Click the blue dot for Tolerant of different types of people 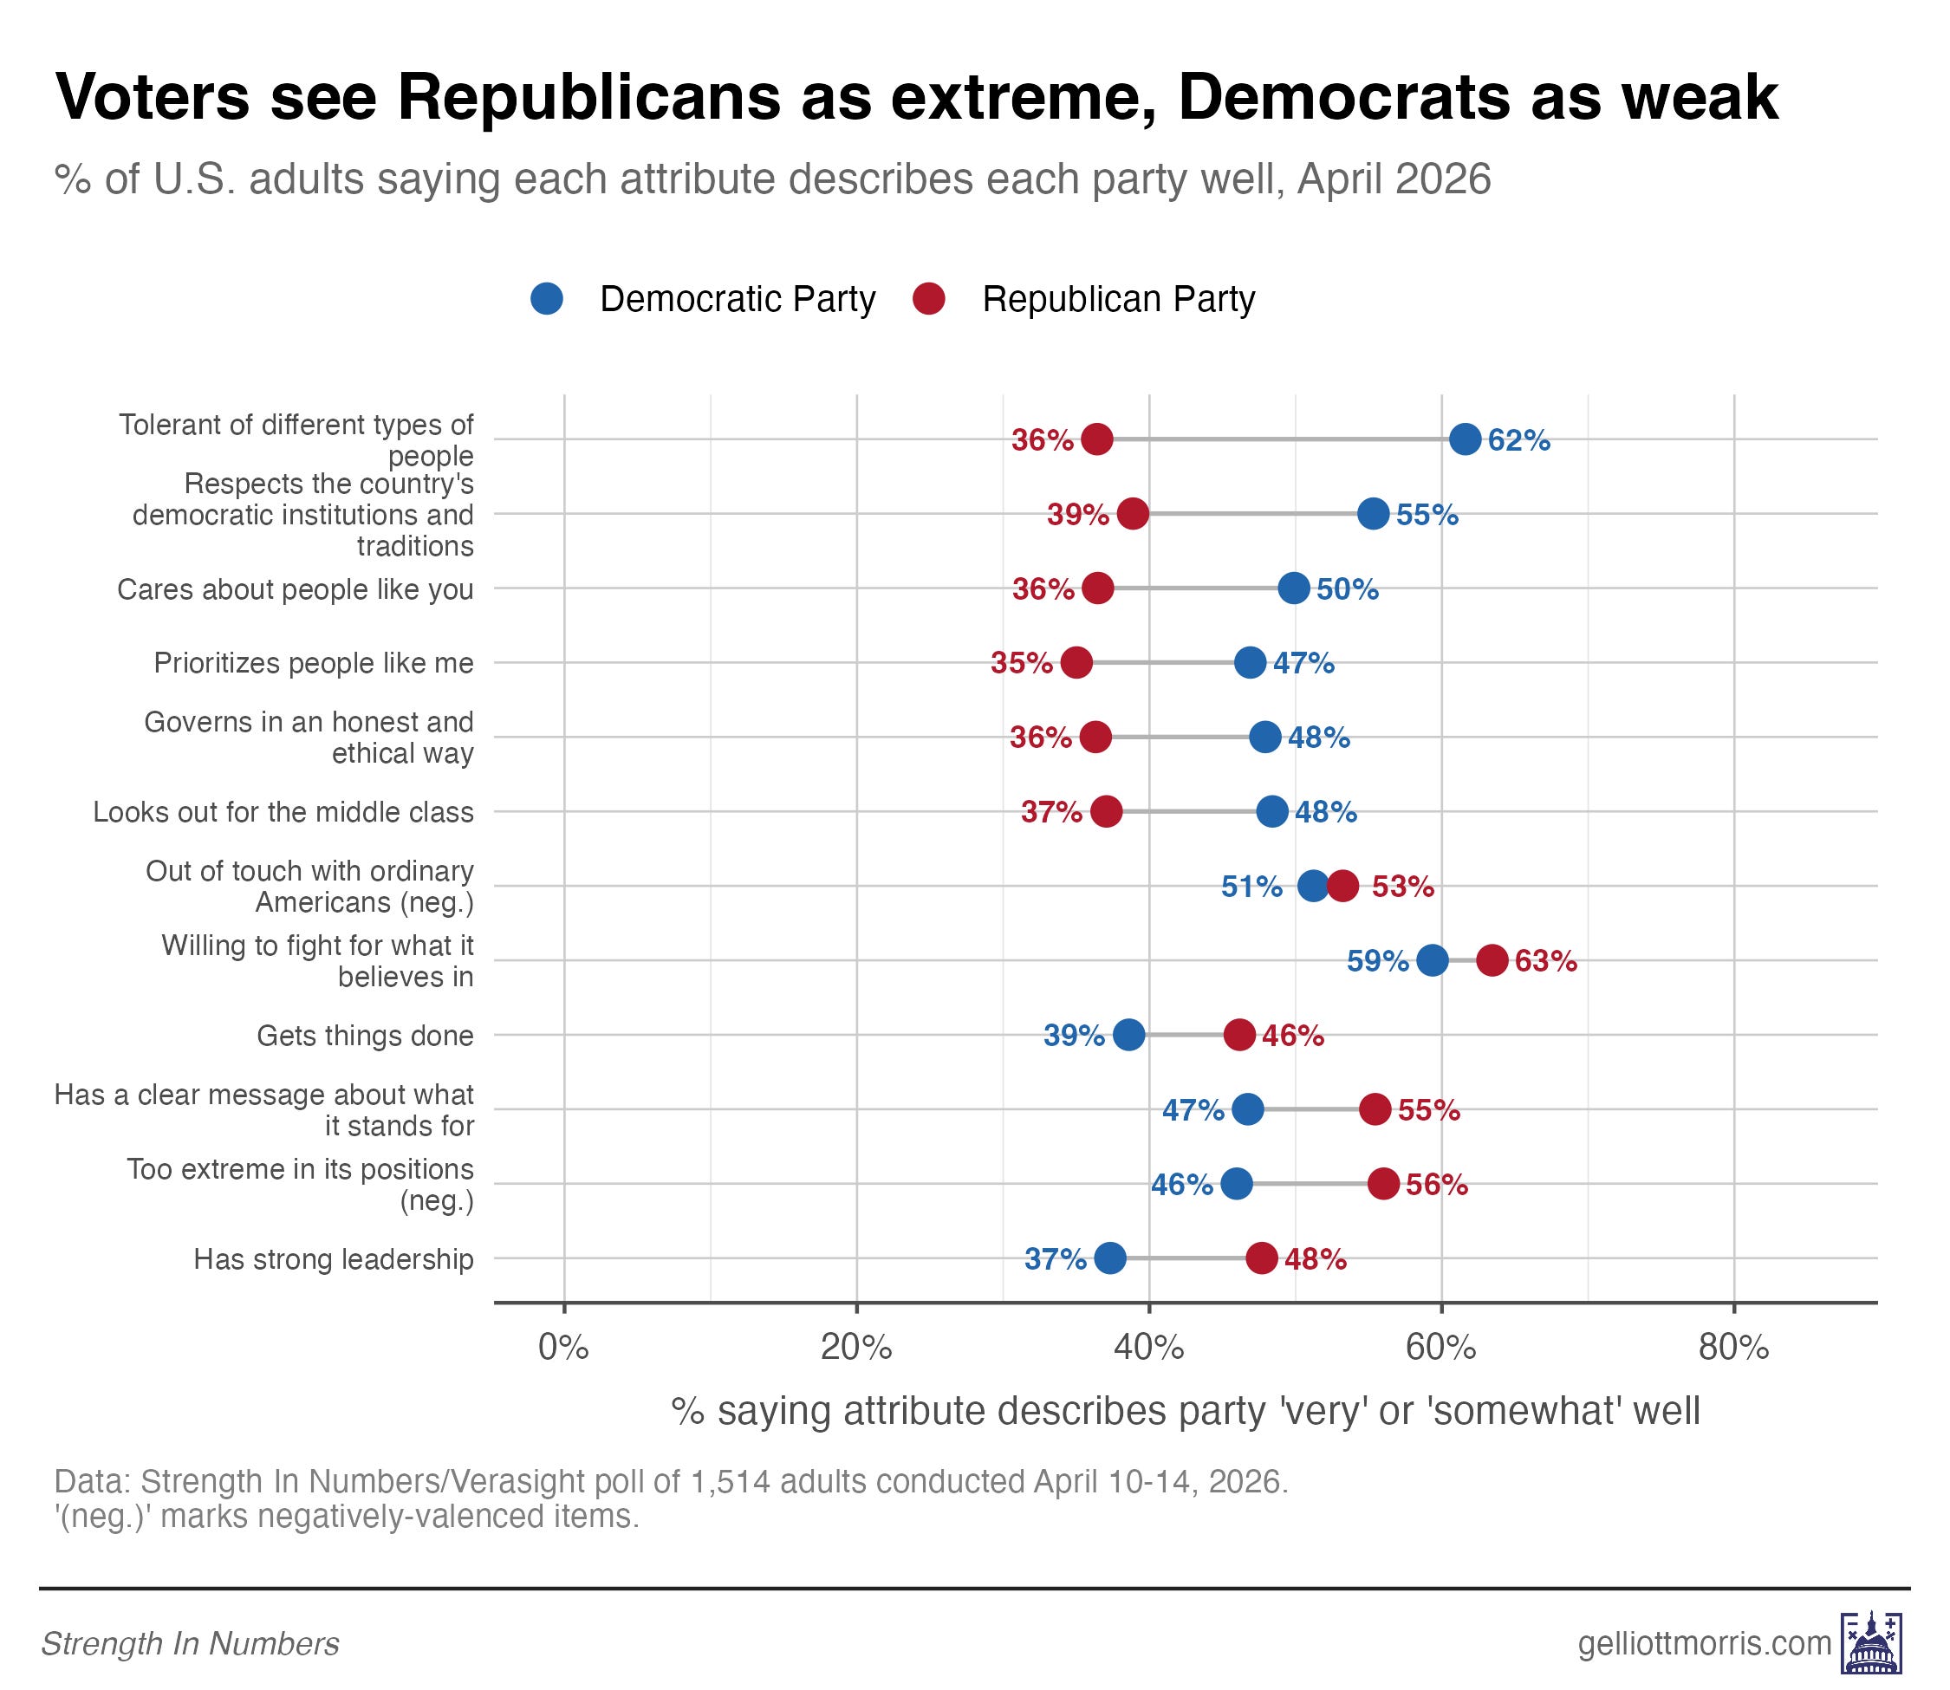tap(1465, 439)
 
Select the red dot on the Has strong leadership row tap(1262, 1258)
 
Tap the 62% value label tap(1518, 440)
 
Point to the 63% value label tap(1545, 961)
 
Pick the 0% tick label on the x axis tap(564, 1348)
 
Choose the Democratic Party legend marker tap(547, 299)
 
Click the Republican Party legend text tap(1118, 299)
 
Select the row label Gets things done tap(365, 1036)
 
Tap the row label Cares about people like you tap(296, 589)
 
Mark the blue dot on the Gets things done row tap(1128, 1035)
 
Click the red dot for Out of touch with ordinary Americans tap(1342, 887)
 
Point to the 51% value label tap(1251, 887)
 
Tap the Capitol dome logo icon tap(1872, 1643)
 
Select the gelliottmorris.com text tap(1704, 1643)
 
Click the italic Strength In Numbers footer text tap(190, 1644)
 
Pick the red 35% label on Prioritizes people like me tap(1021, 663)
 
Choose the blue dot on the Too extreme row tap(1237, 1184)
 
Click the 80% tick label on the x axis tap(1733, 1348)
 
